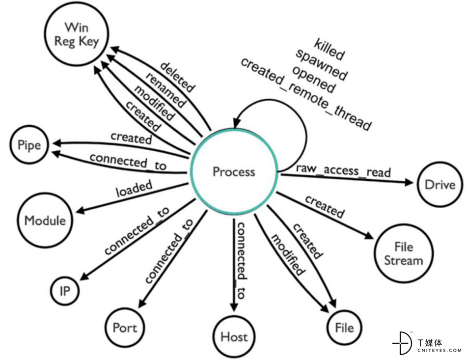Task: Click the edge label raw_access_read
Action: pos(343,170)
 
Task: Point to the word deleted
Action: pos(177,77)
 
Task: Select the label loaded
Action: pos(134,189)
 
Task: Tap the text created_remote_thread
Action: pos(306,94)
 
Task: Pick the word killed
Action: pos(329,49)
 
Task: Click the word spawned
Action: pos(322,64)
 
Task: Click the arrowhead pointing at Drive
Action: pos(409,182)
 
